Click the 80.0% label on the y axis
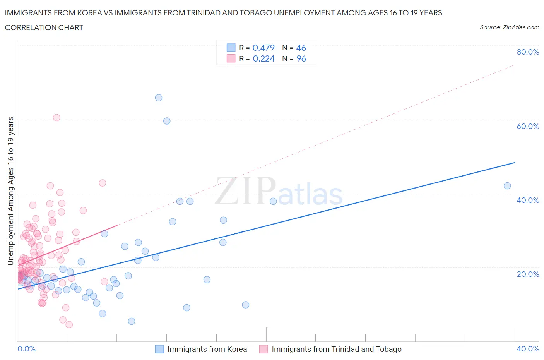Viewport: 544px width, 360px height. coord(528,52)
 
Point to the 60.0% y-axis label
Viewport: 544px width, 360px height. coord(528,126)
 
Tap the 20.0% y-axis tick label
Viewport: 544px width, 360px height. coord(528,274)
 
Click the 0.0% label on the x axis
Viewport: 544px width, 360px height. coord(26,349)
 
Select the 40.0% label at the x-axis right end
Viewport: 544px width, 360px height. coord(528,349)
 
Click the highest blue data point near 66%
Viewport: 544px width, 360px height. coord(159,98)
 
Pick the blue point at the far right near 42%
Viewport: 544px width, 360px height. coord(507,186)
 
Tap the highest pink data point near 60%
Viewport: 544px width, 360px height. coord(56,118)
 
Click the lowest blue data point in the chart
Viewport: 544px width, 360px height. coord(132,321)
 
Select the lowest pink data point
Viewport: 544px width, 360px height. coord(69,325)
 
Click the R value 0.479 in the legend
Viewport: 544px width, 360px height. coord(263,48)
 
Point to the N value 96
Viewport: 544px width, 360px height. coord(301,58)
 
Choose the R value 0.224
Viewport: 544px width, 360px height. coord(263,58)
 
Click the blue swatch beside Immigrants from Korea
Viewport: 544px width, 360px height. coord(159,349)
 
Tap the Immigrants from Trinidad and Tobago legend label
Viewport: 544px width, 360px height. coord(337,349)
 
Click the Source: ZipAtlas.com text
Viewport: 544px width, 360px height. coord(509,27)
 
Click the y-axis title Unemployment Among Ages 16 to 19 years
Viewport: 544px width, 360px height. coord(11,191)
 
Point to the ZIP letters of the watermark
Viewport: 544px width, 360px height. coord(245,192)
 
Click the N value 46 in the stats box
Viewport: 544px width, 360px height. coord(301,48)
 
